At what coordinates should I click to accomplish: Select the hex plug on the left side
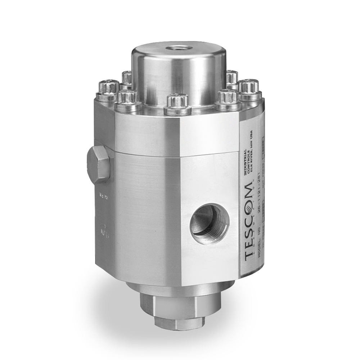coord(98,165)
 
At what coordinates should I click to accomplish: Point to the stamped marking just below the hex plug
coord(102,196)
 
